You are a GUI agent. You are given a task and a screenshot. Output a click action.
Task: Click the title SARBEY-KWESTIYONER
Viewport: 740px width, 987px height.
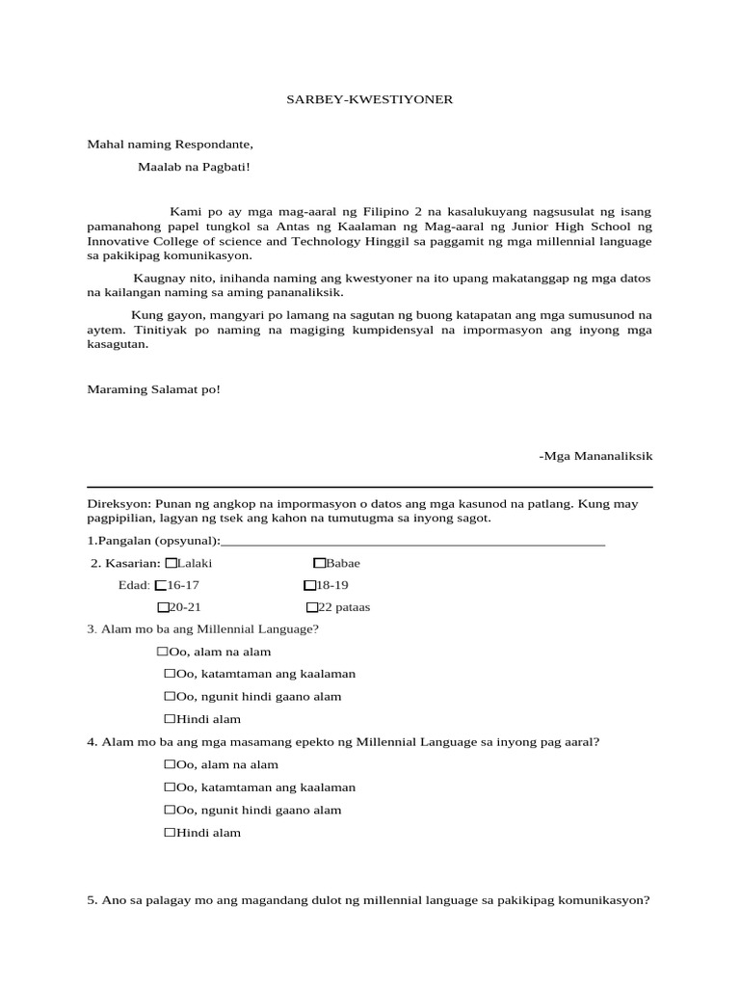pyautogui.click(x=370, y=99)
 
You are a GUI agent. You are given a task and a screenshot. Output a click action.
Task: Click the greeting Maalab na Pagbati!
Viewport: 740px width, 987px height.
pyautogui.click(x=194, y=167)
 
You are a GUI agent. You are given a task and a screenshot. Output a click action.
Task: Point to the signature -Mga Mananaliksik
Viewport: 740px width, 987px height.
pyautogui.click(x=596, y=454)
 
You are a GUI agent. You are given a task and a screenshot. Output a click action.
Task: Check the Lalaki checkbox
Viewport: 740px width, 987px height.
pyautogui.click(x=172, y=563)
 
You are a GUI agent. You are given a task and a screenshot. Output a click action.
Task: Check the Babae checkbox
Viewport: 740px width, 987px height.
pyautogui.click(x=319, y=563)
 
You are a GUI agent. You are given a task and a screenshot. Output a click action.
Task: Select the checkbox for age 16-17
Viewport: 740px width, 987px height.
pyautogui.click(x=161, y=585)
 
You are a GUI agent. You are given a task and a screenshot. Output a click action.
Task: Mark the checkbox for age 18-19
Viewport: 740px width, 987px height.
pyautogui.click(x=309, y=585)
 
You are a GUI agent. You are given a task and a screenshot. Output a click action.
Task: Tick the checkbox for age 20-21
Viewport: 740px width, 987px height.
pyautogui.click(x=163, y=607)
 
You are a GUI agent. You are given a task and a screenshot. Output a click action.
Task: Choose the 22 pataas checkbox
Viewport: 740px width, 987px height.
pyautogui.click(x=311, y=607)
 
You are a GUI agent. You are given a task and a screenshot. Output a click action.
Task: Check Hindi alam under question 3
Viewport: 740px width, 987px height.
pyautogui.click(x=170, y=719)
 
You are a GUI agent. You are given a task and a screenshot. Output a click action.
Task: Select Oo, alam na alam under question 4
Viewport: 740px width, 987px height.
pyautogui.click(x=170, y=764)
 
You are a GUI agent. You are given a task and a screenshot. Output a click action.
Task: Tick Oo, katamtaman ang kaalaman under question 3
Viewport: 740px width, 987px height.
pyautogui.click(x=170, y=674)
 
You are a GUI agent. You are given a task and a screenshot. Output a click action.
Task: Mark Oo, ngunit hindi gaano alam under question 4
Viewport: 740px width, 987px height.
pyautogui.click(x=170, y=810)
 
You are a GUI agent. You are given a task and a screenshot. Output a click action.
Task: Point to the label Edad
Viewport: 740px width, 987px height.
pyautogui.click(x=134, y=585)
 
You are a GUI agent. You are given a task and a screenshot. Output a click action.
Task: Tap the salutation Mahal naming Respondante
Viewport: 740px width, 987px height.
pyautogui.click(x=170, y=145)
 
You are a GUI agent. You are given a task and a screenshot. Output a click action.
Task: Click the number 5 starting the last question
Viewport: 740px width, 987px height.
pyautogui.click(x=91, y=900)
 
